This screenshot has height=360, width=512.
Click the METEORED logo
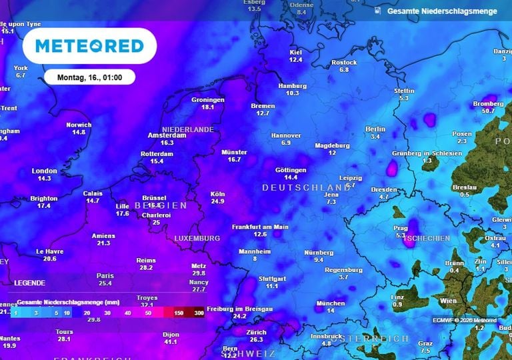[x=89, y=46]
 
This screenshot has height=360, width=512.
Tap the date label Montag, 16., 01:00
[x=89, y=77]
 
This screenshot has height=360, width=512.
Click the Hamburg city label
[x=293, y=86]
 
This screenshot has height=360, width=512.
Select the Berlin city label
[x=375, y=129]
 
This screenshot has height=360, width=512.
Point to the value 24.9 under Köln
[x=217, y=201]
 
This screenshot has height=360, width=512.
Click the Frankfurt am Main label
[x=260, y=227]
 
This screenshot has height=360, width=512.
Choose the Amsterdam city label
[x=167, y=135]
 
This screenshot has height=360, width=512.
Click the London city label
[x=45, y=171]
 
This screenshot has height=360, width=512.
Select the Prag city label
[x=400, y=228]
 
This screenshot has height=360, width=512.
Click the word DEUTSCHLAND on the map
[x=306, y=188]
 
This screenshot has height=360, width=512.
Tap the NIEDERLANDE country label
[x=187, y=129]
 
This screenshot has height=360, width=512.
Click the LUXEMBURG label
[x=197, y=238]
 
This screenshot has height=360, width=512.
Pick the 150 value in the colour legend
[x=179, y=312]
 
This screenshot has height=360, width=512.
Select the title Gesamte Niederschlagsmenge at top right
[x=443, y=11]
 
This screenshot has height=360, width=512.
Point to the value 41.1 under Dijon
[x=171, y=342]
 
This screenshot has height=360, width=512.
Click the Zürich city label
[x=256, y=332]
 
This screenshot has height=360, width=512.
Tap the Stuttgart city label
[x=271, y=278]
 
